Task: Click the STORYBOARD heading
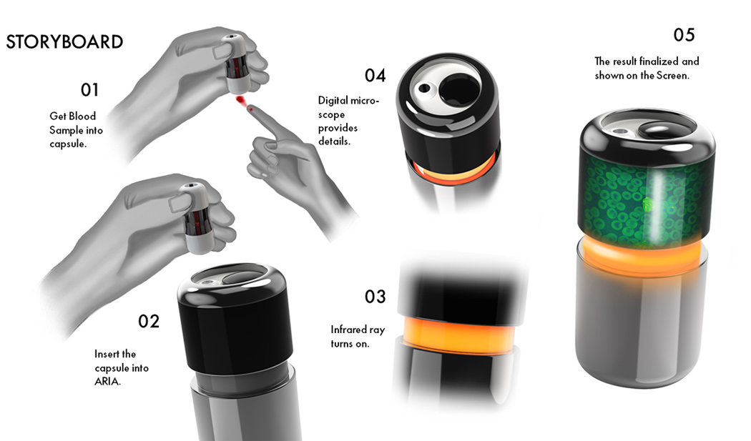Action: point(64,41)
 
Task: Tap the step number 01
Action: point(89,90)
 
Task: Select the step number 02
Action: point(149,321)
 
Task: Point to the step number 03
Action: point(375,297)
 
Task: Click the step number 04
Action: point(375,75)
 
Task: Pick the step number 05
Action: point(684,34)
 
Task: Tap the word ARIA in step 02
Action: point(108,382)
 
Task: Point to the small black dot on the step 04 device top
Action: point(424,89)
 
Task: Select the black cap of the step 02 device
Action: point(236,322)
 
